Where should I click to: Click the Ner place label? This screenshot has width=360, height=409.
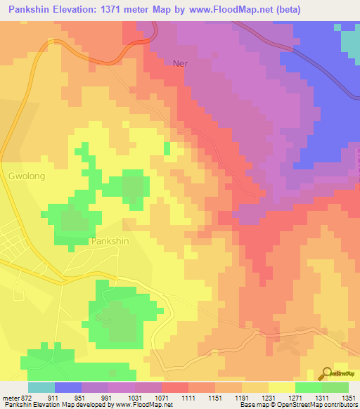pyautogui.click(x=181, y=63)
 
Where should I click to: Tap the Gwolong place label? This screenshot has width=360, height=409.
pyautogui.click(x=27, y=177)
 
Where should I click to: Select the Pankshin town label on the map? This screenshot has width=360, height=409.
pyautogui.click(x=110, y=241)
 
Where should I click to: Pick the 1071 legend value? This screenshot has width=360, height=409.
pyautogui.click(x=162, y=397)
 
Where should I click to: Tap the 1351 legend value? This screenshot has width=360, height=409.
pyautogui.click(x=347, y=397)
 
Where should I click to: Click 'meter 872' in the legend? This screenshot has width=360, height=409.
pyautogui.click(x=15, y=397)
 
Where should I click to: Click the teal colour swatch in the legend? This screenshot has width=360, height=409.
pyautogui.click(x=41, y=387)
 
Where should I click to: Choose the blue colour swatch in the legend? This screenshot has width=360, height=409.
pyautogui.click(x=68, y=387)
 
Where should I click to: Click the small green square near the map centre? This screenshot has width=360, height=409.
pyautogui.click(x=167, y=148)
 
